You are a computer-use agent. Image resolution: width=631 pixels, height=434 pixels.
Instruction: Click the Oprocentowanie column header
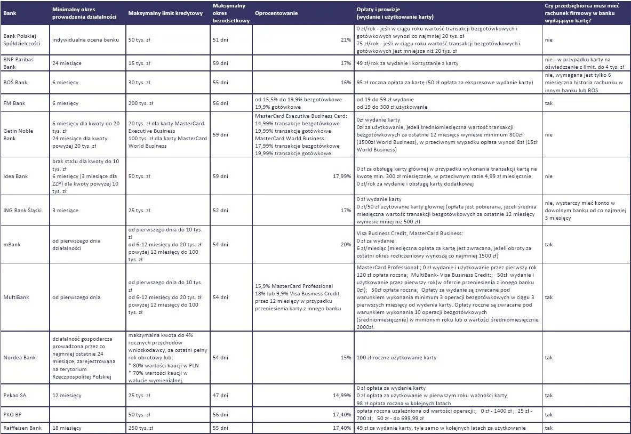276,13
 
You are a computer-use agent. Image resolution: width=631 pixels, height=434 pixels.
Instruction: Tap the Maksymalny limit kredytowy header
165,13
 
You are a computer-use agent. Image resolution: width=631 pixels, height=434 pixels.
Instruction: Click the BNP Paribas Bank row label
18,63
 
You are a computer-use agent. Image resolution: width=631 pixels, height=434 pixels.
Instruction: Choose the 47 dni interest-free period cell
220,396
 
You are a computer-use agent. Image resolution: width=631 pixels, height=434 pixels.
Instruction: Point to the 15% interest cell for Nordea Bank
346,357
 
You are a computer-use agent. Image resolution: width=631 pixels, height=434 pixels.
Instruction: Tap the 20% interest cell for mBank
346,245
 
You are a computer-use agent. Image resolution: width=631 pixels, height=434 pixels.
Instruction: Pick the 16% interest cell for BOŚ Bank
346,83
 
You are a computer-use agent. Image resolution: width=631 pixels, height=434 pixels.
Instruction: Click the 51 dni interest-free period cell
220,40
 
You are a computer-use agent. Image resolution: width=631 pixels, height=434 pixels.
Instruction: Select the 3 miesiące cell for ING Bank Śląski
66,211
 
